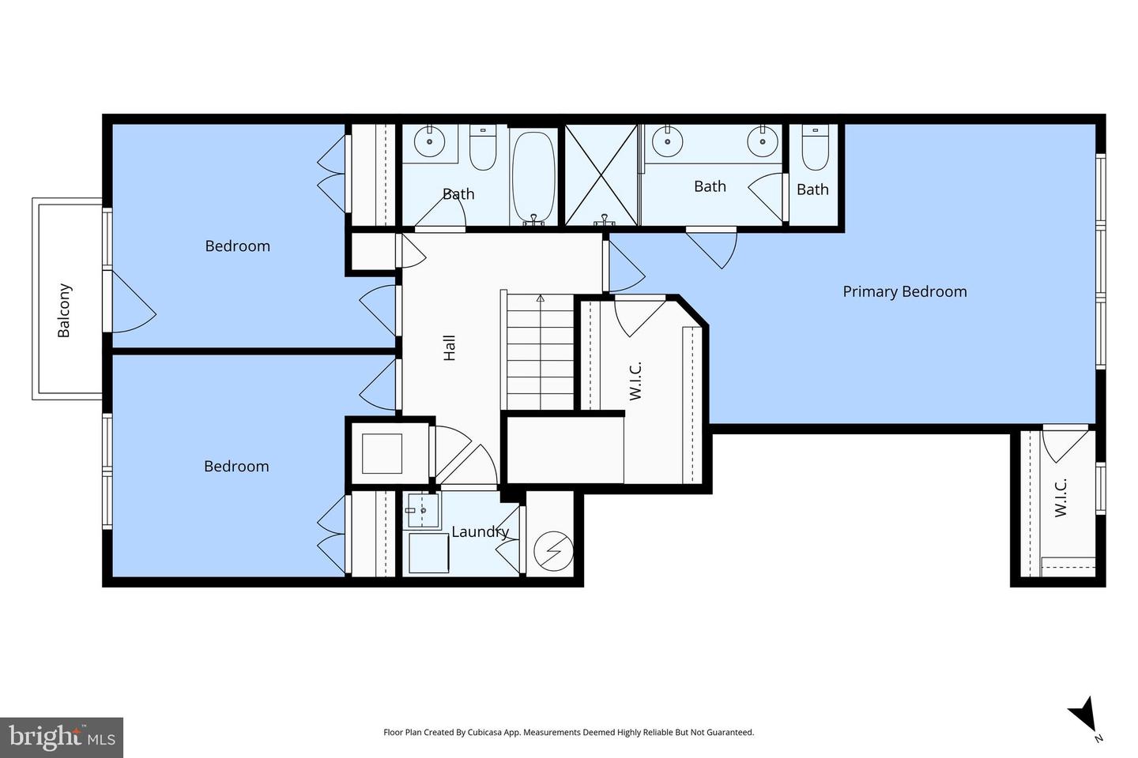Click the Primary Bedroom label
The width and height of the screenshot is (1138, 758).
pos(904,291)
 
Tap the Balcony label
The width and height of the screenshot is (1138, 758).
pos(64,310)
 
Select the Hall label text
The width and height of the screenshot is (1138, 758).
pos(450,348)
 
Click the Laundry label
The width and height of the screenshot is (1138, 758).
pos(479,532)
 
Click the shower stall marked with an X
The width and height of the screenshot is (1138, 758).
pos(601,174)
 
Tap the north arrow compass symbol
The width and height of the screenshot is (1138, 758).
pos(1083,715)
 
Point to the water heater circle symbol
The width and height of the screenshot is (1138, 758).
pos(551,550)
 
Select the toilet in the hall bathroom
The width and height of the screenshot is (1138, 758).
pos(482,148)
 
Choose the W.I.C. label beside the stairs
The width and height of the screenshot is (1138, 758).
pos(636,381)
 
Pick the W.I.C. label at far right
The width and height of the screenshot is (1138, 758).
pos(1061,498)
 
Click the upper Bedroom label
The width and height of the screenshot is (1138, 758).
pos(237,246)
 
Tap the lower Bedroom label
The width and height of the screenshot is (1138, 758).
pos(236,467)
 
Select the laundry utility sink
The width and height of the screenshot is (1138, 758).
pos(423,510)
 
